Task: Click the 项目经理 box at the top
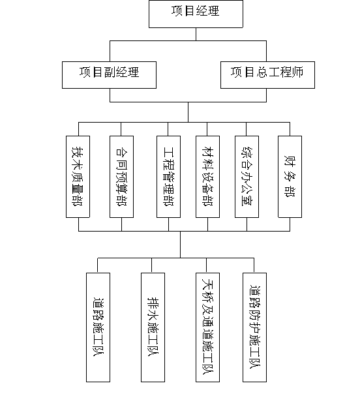coord(196,14)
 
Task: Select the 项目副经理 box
coord(110,75)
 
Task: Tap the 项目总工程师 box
coord(267,75)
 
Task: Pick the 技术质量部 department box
coord(78,177)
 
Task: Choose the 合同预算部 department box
coord(121,177)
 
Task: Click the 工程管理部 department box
coord(168,177)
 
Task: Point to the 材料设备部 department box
coord(208,177)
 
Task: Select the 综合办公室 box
coord(247,177)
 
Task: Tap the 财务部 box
coord(290,177)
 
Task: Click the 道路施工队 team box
coord(98,327)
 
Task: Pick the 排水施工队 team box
coord(153,327)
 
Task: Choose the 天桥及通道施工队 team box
coord(208,327)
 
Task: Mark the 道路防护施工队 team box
coord(255,327)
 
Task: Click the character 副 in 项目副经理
coord(110,72)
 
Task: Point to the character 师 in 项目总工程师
coord(297,72)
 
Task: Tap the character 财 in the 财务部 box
coord(290,161)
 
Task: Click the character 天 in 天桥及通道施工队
coord(208,284)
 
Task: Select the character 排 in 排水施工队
coord(153,303)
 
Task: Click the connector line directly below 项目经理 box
coord(196,34)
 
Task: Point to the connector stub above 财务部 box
coord(290,129)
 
